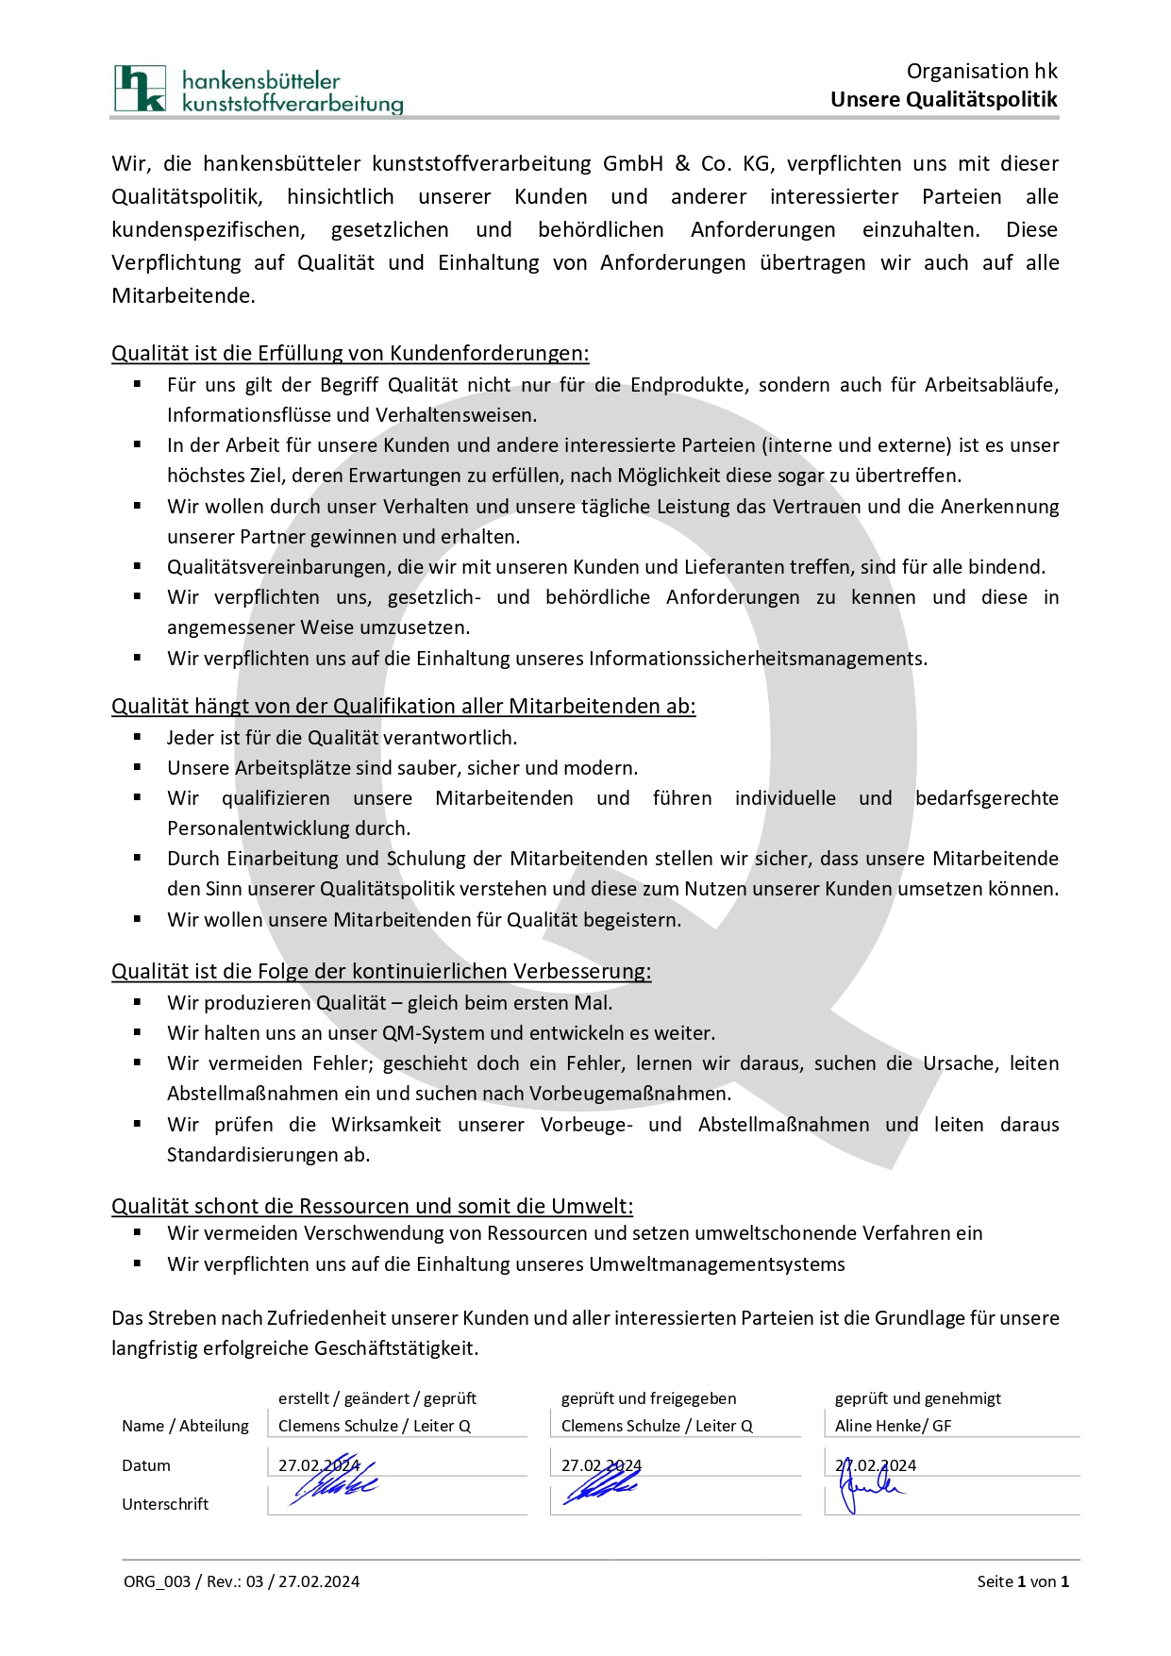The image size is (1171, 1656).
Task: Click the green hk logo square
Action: [140, 89]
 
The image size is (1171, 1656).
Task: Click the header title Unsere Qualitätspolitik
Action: [944, 100]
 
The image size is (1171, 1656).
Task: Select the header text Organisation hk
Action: [981, 72]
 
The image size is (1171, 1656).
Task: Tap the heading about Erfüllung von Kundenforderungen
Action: [350, 354]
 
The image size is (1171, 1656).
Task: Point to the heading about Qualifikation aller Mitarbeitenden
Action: [403, 707]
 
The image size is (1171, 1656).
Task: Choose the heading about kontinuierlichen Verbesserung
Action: [381, 972]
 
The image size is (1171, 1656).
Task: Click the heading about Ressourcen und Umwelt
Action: [372, 1207]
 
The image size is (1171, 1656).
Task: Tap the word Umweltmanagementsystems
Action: [717, 1264]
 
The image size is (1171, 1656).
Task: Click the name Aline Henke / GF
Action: [893, 1426]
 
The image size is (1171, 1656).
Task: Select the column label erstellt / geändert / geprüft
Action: [377, 1398]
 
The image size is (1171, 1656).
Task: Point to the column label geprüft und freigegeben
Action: [648, 1398]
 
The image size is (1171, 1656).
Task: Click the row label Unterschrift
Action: [165, 1504]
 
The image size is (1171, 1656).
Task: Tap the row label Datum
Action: [146, 1465]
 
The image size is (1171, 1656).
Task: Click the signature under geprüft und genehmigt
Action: [870, 1489]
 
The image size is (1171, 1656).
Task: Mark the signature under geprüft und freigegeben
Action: [600, 1488]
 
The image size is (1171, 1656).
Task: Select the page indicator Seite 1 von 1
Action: [1023, 1581]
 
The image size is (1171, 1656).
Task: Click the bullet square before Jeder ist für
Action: [138, 737]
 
